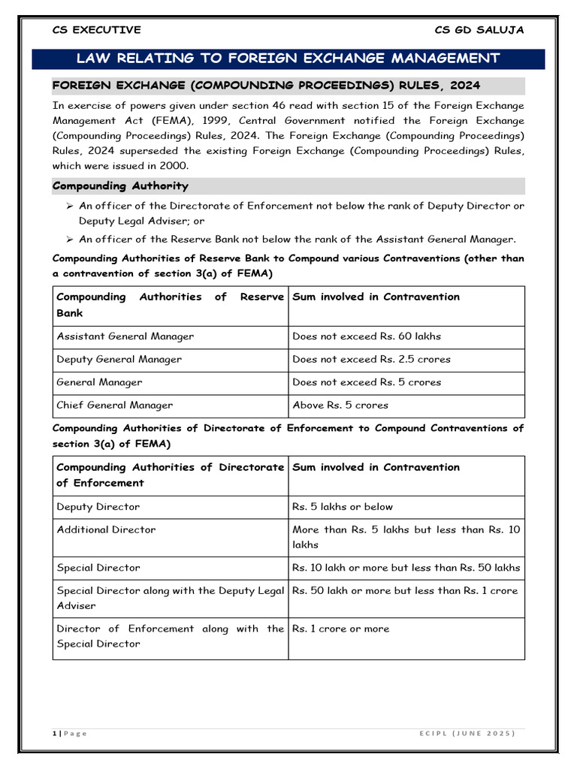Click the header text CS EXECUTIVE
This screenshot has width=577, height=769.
pyautogui.click(x=96, y=30)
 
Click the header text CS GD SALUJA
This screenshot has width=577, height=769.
pyautogui.click(x=479, y=30)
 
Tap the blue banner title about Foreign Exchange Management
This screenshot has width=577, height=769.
pyautogui.click(x=288, y=59)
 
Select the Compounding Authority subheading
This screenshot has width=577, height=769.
pyautogui.click(x=120, y=185)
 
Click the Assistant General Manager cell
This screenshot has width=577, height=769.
pyautogui.click(x=125, y=336)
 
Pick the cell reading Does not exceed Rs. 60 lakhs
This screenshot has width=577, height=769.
pyautogui.click(x=367, y=336)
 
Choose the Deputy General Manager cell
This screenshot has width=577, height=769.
pyautogui.click(x=119, y=359)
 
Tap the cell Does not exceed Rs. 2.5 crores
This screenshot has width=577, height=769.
pyautogui.click(x=371, y=359)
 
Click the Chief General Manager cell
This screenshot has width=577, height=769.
pyautogui.click(x=114, y=405)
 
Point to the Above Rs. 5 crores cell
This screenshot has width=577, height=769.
pyautogui.click(x=340, y=405)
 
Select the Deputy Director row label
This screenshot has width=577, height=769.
pyautogui.click(x=98, y=507)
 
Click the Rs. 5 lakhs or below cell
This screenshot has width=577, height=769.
pyautogui.click(x=343, y=507)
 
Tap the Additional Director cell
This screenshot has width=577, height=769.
pyautogui.click(x=106, y=529)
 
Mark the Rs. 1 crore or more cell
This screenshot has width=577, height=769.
pyautogui.click(x=341, y=629)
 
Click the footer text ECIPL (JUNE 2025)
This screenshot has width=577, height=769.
pyautogui.click(x=467, y=734)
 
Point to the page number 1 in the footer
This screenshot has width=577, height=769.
pyautogui.click(x=55, y=734)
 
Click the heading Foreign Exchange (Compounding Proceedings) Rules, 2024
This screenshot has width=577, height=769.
pyautogui.click(x=266, y=85)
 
